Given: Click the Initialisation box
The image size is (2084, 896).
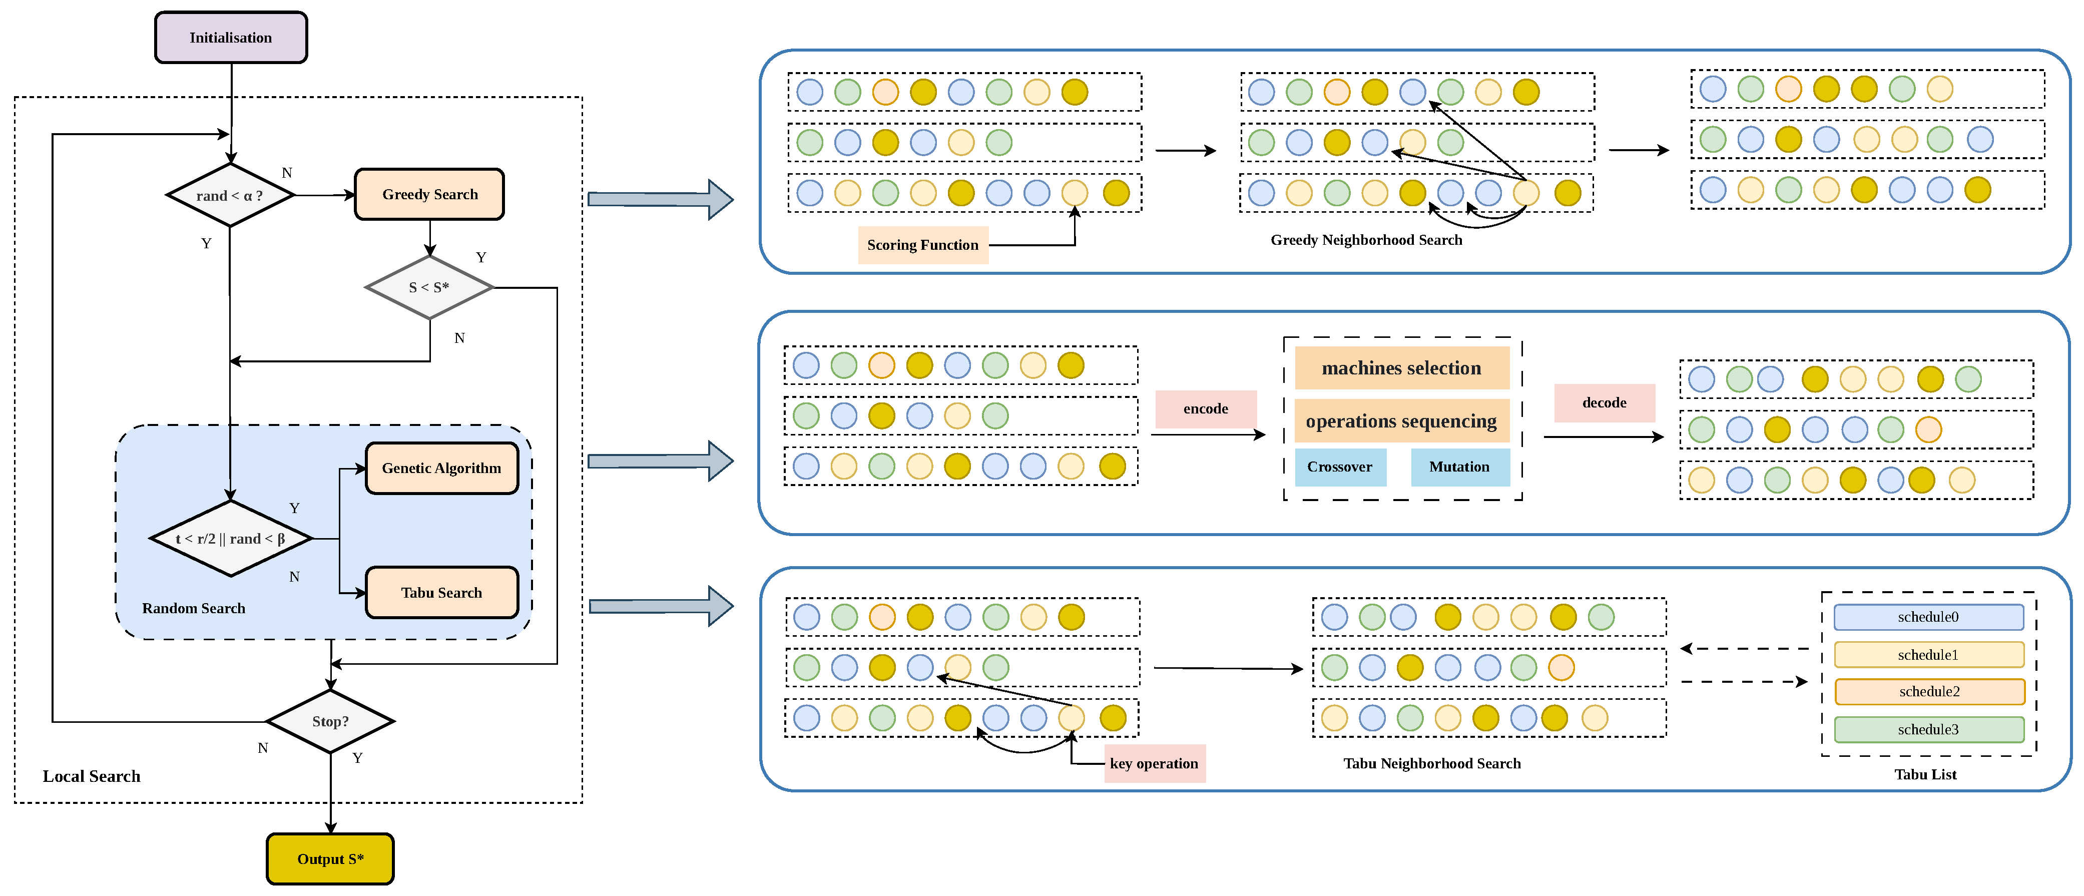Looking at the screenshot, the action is click(x=231, y=37).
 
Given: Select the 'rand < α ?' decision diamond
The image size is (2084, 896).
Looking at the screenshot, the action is click(x=231, y=195).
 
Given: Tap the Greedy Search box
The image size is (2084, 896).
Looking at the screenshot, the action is click(x=429, y=194).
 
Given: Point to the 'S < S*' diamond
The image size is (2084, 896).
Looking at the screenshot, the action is click(x=429, y=287).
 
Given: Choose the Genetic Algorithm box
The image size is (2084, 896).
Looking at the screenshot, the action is click(x=442, y=468).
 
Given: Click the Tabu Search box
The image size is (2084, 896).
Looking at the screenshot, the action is click(x=442, y=593).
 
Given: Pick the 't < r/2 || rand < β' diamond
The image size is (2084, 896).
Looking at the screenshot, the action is click(x=231, y=538).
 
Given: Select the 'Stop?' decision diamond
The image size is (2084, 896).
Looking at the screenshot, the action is click(x=330, y=721).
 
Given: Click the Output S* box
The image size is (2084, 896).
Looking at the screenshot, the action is click(x=330, y=859).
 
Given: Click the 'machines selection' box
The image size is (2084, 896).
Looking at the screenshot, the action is click(x=1402, y=368).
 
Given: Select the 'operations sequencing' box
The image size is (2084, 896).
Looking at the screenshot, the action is click(x=1402, y=421).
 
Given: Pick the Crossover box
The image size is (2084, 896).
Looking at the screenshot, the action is click(x=1340, y=467).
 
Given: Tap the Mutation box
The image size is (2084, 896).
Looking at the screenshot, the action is click(x=1460, y=467).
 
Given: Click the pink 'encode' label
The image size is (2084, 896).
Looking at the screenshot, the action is click(x=1206, y=409).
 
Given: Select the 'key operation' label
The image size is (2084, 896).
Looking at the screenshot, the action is click(x=1155, y=763).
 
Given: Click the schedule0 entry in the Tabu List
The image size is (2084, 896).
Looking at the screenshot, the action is click(x=1929, y=617).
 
